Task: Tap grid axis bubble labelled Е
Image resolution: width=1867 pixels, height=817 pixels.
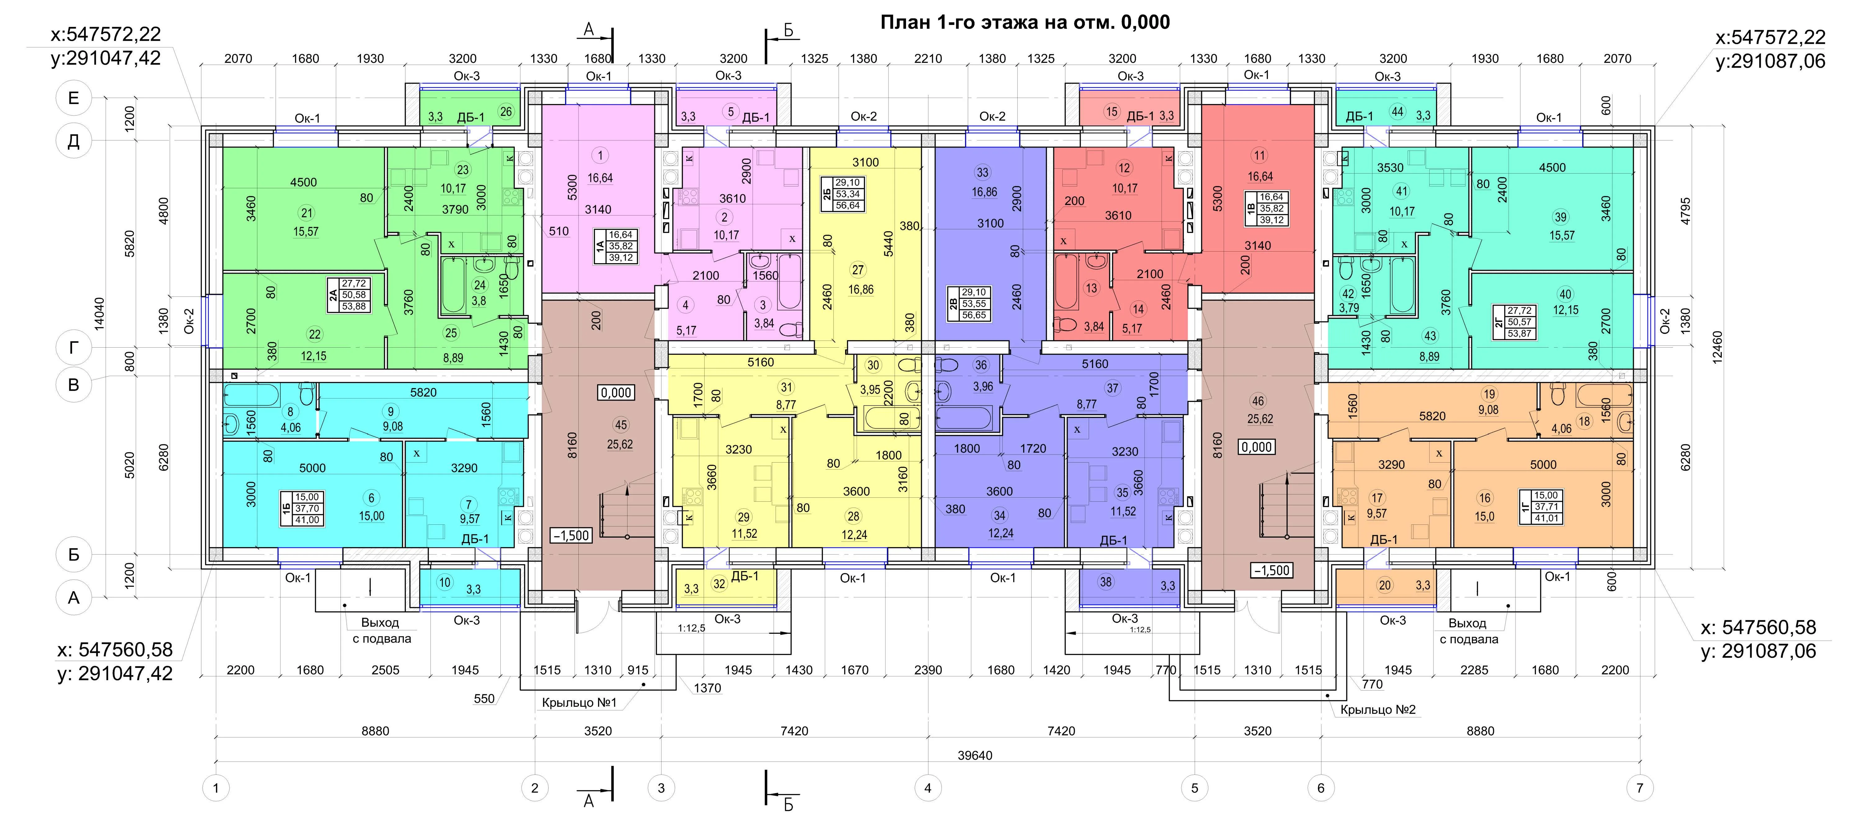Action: click(x=73, y=98)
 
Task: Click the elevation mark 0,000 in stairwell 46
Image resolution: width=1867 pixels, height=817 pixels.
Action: click(x=1257, y=447)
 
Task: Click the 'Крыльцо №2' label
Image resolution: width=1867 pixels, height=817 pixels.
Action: click(x=1378, y=710)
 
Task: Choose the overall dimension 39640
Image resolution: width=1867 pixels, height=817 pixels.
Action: click(x=975, y=755)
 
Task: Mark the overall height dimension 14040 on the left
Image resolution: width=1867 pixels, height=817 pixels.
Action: click(x=99, y=313)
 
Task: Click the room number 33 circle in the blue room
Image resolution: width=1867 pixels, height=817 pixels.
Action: click(x=983, y=172)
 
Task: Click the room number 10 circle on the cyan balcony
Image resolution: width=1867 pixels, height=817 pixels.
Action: click(x=444, y=582)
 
